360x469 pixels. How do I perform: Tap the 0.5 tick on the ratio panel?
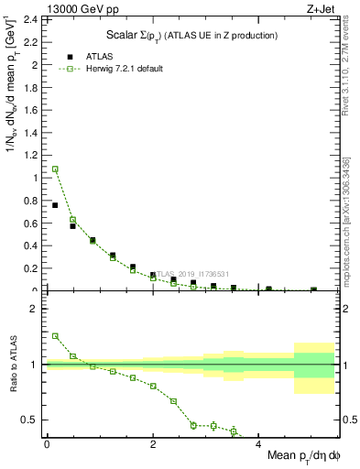31,420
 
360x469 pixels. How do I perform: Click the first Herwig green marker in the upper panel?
55,169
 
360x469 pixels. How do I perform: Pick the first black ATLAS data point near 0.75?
55,205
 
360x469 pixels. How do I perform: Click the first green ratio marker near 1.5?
55,336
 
